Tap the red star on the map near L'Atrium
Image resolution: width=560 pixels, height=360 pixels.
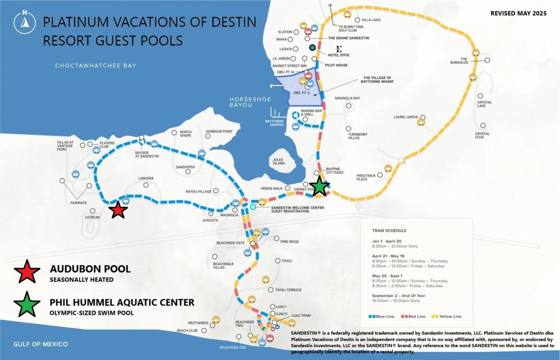[x=119, y=211]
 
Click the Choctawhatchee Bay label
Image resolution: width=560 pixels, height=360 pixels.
[x=96, y=66]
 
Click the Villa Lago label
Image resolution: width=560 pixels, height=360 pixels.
[x=371, y=20]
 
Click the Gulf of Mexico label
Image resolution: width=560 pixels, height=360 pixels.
[x=41, y=344]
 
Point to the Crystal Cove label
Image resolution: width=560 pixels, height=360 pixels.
[x=482, y=136]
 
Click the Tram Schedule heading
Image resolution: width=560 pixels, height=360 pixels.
[x=389, y=231]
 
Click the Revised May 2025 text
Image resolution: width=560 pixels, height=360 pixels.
[x=518, y=14]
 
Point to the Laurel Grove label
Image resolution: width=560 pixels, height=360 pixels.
[x=406, y=117]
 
